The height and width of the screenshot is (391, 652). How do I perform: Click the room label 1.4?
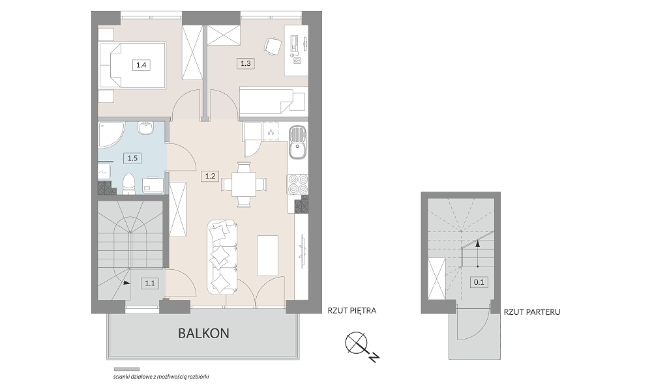tap(141, 65)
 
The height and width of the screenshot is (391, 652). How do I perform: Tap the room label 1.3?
tap(245, 63)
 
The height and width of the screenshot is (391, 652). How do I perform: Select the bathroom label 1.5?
tap(132, 158)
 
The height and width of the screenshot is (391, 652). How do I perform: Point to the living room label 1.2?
tap(210, 176)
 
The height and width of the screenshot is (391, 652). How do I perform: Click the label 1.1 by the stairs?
tap(150, 283)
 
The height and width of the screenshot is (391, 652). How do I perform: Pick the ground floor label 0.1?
tap(479, 282)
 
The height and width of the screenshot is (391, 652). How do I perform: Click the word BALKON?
tap(203, 333)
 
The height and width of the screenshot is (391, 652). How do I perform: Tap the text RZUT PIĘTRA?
tap(352, 310)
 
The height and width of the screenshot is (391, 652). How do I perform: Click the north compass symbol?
tap(357, 343)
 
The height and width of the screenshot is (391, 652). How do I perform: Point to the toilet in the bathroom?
tap(128, 183)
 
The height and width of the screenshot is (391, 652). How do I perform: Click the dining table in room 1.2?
tap(244, 184)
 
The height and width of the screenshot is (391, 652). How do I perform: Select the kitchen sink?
tap(297, 143)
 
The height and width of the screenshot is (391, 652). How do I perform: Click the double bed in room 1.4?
tap(132, 65)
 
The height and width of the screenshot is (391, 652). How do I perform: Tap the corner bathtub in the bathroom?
tap(111, 135)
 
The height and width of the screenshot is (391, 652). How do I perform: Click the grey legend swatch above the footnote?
tap(127, 369)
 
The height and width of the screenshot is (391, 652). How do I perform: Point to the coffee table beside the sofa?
tap(268, 255)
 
